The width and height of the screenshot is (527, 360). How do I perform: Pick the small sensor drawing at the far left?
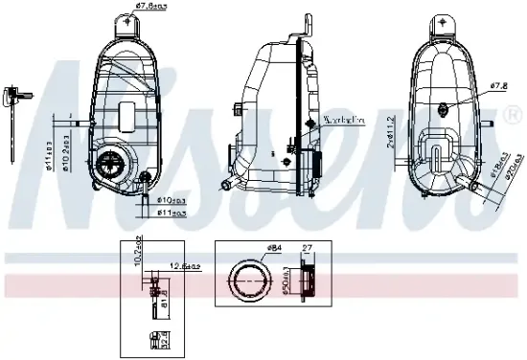(x=13, y=96)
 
